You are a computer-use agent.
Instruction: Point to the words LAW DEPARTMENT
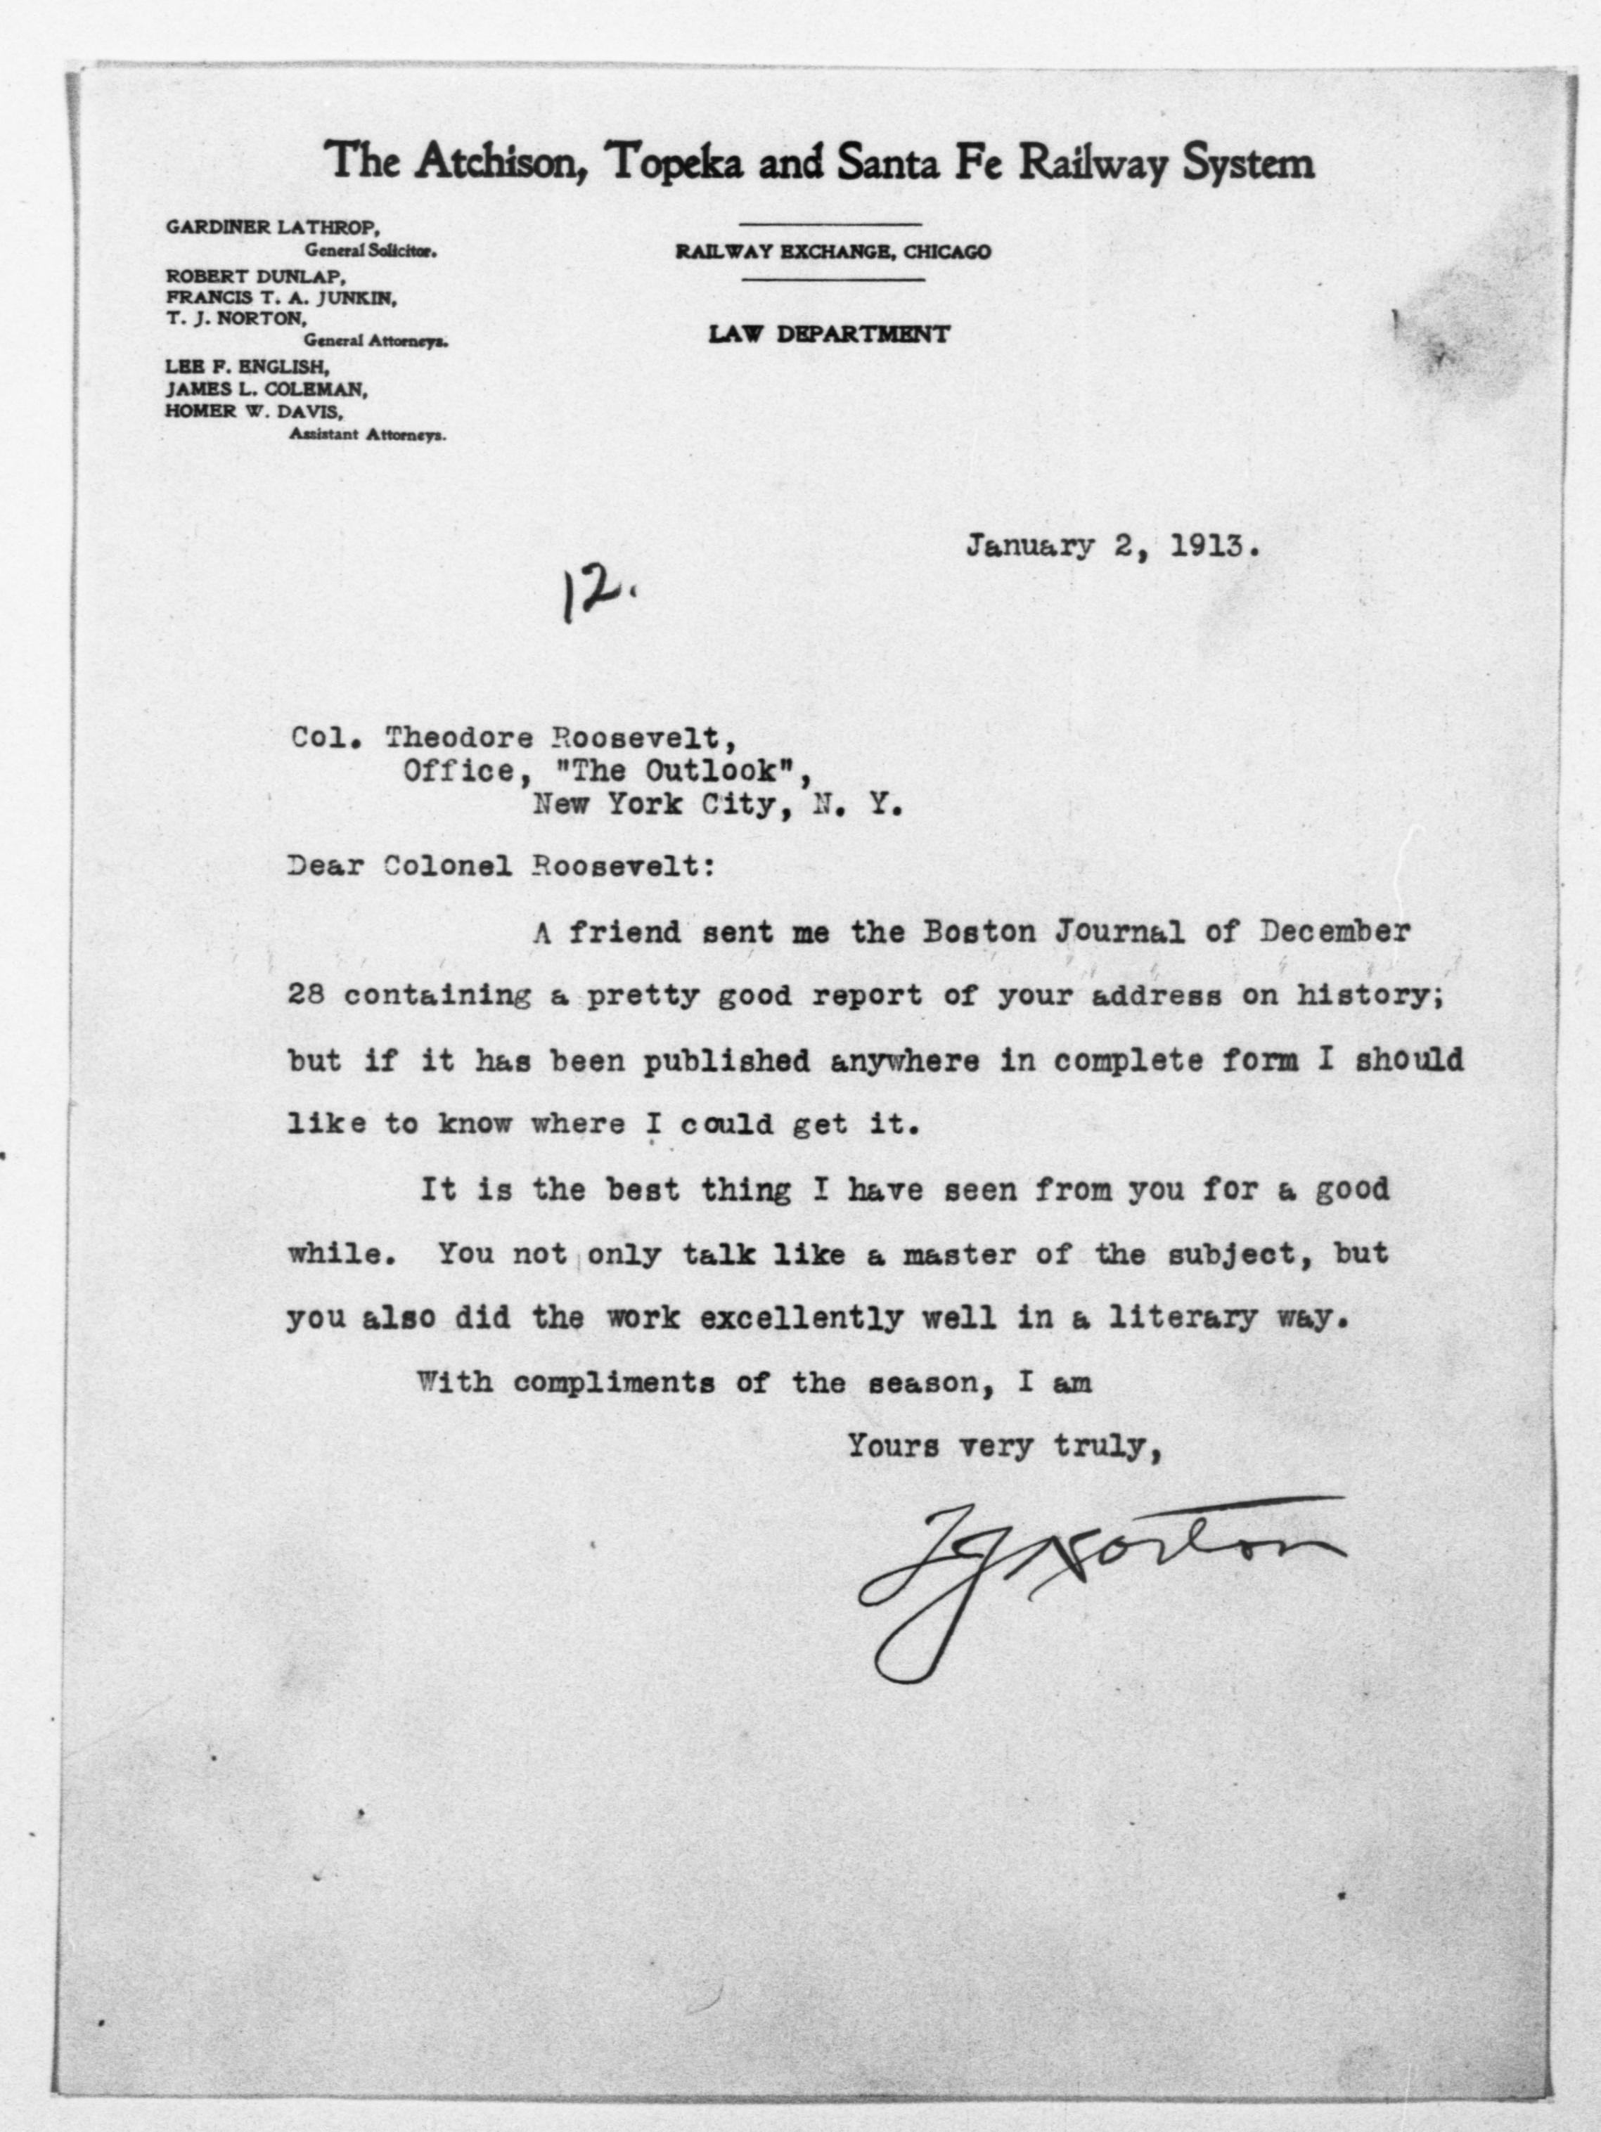click(x=829, y=335)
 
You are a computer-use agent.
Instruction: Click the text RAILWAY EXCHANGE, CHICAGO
click(x=832, y=252)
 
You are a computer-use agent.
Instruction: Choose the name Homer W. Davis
click(x=255, y=411)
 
